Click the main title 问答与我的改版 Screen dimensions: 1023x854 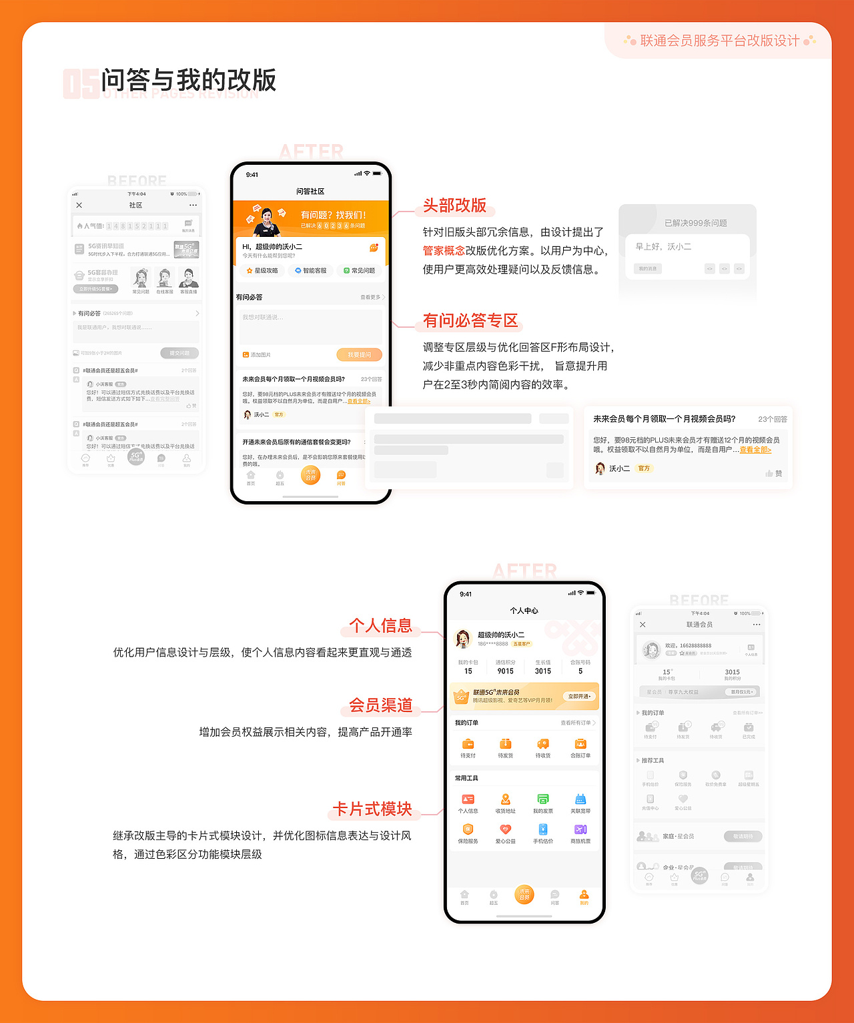pos(188,80)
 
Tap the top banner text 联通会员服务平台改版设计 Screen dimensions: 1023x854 pos(719,41)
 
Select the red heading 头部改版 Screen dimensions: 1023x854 pos(454,206)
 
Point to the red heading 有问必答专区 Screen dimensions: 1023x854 pos(470,321)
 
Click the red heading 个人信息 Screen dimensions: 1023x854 pos(380,625)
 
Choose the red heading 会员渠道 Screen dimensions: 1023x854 pos(380,705)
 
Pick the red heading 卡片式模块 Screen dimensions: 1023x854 pos(372,809)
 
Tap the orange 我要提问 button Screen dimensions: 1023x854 pos(359,355)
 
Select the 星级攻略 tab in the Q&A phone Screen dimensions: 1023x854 pos(262,271)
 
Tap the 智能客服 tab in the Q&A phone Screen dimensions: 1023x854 pos(311,271)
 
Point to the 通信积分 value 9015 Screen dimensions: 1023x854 pos(505,671)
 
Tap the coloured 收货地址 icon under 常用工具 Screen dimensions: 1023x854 pos(505,799)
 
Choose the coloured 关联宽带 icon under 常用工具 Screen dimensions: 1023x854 pos(580,799)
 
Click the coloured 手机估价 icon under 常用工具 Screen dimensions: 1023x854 pos(543,829)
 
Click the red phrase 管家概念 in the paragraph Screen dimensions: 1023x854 pos(444,251)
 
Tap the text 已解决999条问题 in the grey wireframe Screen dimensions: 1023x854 pos(696,223)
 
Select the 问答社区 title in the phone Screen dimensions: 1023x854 pos(310,192)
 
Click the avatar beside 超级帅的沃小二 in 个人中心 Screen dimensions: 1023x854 pos(462,639)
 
